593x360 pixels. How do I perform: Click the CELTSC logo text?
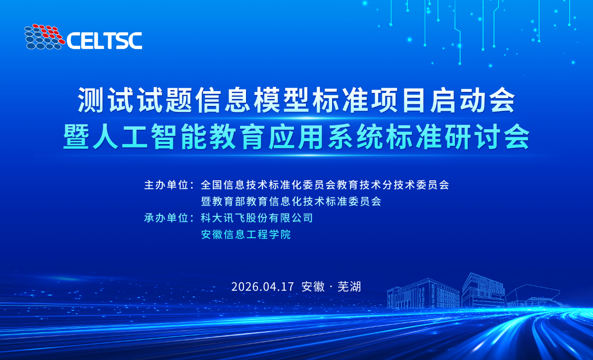tap(104, 41)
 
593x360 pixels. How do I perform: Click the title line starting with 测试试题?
tap(296, 100)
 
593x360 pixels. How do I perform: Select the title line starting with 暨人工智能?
tap(296, 137)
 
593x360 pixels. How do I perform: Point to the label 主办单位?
tap(166, 185)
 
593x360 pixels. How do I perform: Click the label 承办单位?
tap(166, 218)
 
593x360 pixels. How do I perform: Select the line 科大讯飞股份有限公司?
tap(257, 218)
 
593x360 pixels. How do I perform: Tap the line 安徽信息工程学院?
tap(246, 234)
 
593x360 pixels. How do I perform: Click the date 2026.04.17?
tap(262, 286)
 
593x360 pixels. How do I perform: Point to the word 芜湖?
tap(349, 286)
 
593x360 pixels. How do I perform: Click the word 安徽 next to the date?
tap(313, 286)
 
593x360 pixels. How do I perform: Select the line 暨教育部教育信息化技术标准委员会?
tap(291, 201)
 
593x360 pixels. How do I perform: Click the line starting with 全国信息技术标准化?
tap(325, 185)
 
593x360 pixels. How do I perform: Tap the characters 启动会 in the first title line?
tap(473, 100)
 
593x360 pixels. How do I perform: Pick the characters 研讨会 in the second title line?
tap(487, 137)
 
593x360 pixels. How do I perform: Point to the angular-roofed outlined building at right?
tap(533, 296)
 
